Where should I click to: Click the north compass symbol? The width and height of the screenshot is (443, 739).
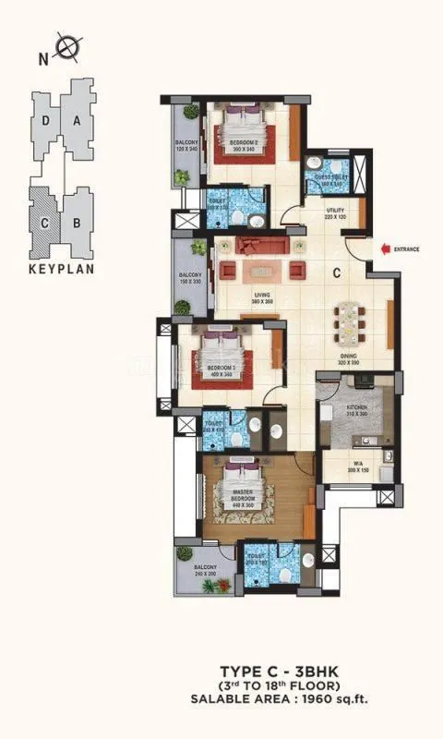tap(66, 43)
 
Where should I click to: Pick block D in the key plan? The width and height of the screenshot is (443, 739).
tap(46, 121)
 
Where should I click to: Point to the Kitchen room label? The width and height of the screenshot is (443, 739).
tap(355, 412)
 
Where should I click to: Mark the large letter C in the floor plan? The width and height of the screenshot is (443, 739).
tap(337, 273)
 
